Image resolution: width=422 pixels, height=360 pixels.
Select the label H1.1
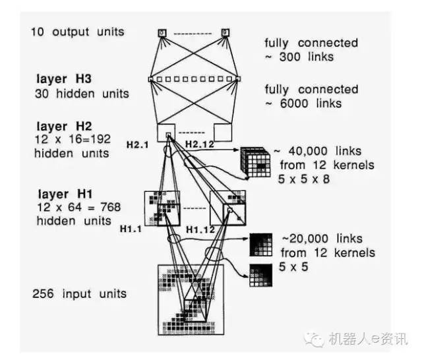coord(131,228)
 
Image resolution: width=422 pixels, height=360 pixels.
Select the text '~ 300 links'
coord(299,57)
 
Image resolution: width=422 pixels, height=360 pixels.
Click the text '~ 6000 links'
coord(303,103)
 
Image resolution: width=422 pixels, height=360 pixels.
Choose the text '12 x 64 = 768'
coord(78,207)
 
